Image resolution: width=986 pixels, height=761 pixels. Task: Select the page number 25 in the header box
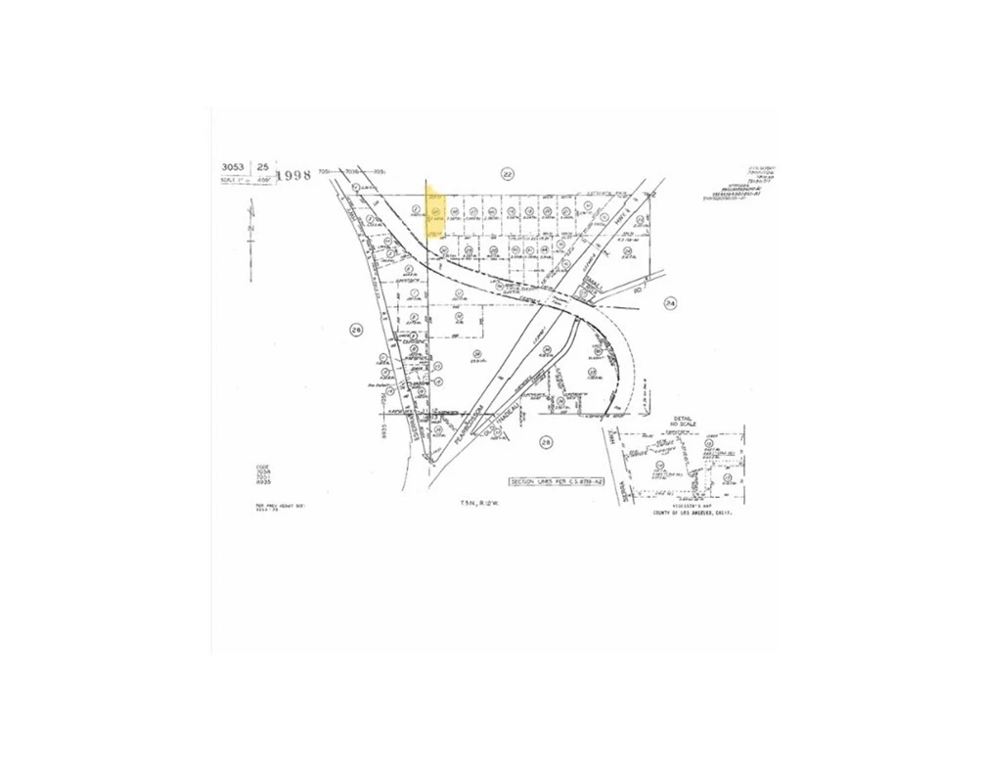tap(263, 166)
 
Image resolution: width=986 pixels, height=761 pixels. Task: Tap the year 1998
tap(293, 175)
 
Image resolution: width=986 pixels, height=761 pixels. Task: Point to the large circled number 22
tap(507, 174)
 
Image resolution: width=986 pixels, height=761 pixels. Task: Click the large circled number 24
tap(669, 302)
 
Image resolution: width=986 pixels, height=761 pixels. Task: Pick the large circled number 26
tap(356, 331)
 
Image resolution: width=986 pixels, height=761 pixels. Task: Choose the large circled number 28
tap(547, 442)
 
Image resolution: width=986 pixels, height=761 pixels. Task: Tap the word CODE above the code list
tap(259, 467)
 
